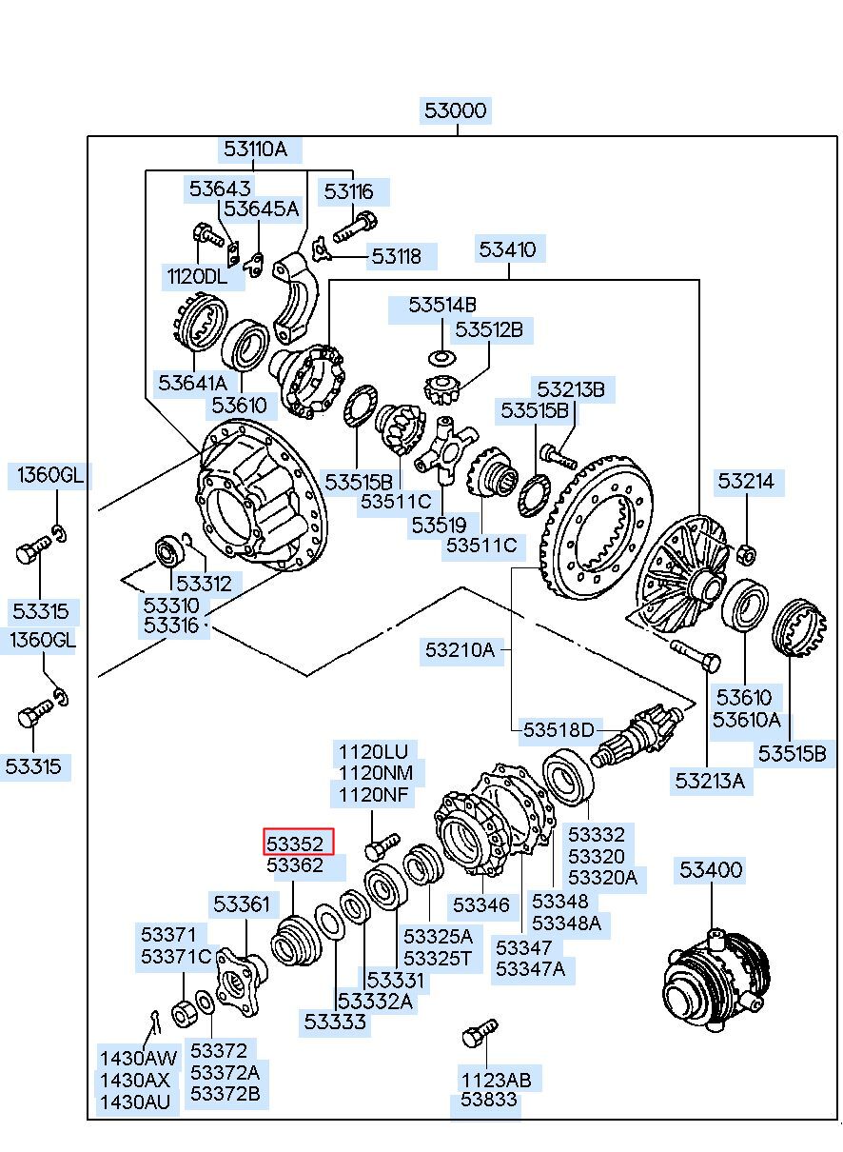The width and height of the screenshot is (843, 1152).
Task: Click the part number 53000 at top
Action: (x=456, y=111)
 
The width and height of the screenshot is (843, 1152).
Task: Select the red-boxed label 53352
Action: (x=300, y=843)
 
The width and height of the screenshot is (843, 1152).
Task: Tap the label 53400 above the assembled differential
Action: (x=710, y=869)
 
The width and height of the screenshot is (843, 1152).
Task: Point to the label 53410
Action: (x=507, y=250)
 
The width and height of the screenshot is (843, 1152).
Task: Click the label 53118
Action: (x=396, y=256)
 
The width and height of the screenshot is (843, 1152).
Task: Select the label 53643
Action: (x=220, y=189)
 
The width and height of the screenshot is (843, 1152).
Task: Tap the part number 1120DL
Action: (x=197, y=277)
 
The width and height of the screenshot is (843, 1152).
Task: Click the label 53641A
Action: (x=193, y=383)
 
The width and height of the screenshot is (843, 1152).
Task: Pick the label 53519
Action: (x=439, y=524)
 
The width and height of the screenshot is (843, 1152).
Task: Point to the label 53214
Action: (x=746, y=482)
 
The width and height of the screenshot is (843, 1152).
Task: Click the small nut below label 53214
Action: (x=747, y=552)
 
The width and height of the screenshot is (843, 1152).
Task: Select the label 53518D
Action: (x=558, y=730)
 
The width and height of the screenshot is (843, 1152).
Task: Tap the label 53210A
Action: (x=460, y=650)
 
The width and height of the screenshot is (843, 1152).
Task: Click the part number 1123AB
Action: (x=497, y=1080)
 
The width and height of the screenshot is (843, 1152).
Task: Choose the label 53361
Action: (x=242, y=904)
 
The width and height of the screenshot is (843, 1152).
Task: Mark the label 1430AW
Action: (x=139, y=1057)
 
